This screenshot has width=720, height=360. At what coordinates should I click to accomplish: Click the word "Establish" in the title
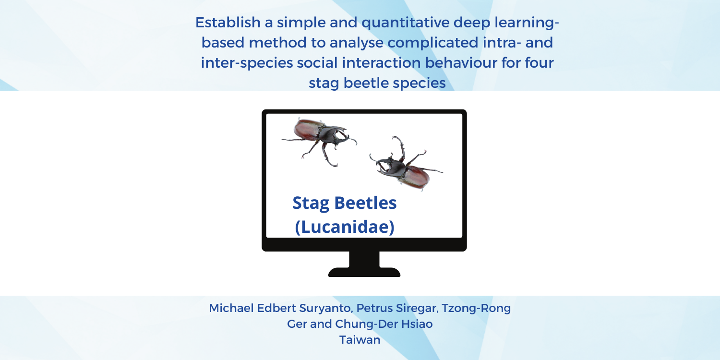pos(228,23)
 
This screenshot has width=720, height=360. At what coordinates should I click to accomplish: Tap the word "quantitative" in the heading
pos(406,23)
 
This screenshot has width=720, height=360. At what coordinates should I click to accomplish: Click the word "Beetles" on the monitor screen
pos(365,203)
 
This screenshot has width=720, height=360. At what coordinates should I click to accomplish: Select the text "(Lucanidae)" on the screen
pos(345,227)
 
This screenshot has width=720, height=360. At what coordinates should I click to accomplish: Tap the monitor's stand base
pos(364,272)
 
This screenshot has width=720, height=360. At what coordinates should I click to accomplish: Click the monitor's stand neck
pos(364,259)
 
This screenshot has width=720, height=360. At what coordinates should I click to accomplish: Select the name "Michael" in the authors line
pos(231,308)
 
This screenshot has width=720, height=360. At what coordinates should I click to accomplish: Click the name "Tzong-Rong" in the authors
pos(476,309)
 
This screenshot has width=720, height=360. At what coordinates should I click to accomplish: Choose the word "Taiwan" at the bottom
pos(360,340)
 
